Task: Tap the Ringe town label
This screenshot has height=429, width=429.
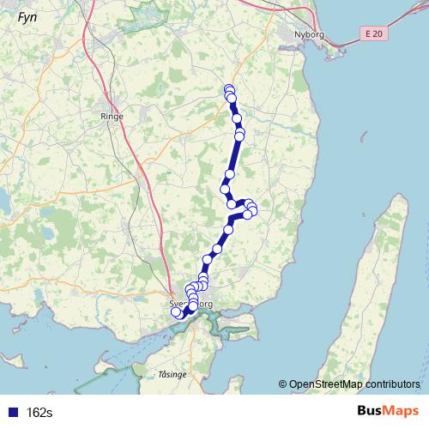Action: pos(112,116)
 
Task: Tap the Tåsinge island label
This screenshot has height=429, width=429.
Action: pos(172,375)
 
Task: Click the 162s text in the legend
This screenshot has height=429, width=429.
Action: pos(39,413)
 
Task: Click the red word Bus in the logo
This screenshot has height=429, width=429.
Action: pos(372,412)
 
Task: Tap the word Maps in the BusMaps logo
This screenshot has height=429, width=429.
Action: pos(402,412)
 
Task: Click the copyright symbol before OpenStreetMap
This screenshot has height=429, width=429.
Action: pos(283,384)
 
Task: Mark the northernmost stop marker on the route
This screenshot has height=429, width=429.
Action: pos(229,89)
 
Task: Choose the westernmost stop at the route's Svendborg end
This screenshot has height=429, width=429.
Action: pos(176,312)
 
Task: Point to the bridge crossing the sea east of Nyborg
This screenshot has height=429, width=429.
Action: pos(343,43)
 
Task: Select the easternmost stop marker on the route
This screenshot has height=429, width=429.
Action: pos(252,210)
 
